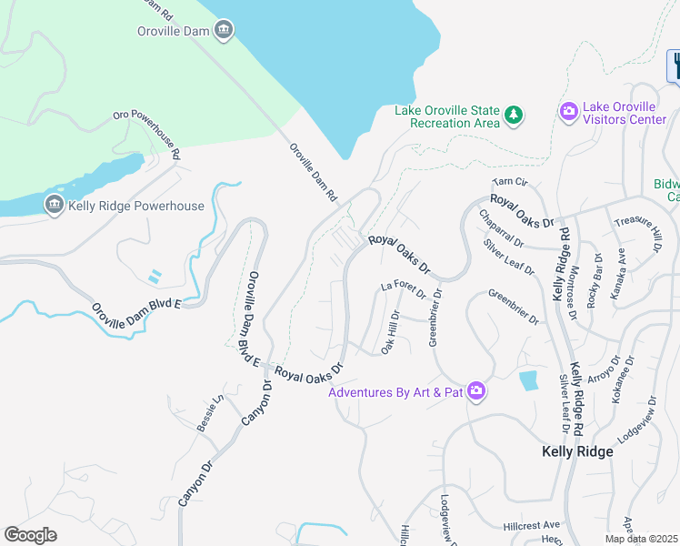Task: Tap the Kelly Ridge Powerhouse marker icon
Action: [x=54, y=206]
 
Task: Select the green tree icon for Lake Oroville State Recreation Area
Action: [x=515, y=115]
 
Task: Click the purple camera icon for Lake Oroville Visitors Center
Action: [x=569, y=111]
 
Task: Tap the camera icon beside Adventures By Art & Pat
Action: [x=476, y=391]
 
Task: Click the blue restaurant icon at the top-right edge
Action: [x=675, y=65]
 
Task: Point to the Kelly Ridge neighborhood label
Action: [x=576, y=451]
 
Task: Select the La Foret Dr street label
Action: [x=403, y=289]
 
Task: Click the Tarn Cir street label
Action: [x=511, y=183]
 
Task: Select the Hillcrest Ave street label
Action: [x=531, y=526]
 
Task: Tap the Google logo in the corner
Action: [x=30, y=535]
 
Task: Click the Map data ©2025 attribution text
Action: [x=640, y=539]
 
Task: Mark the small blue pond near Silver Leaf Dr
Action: [x=527, y=381]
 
